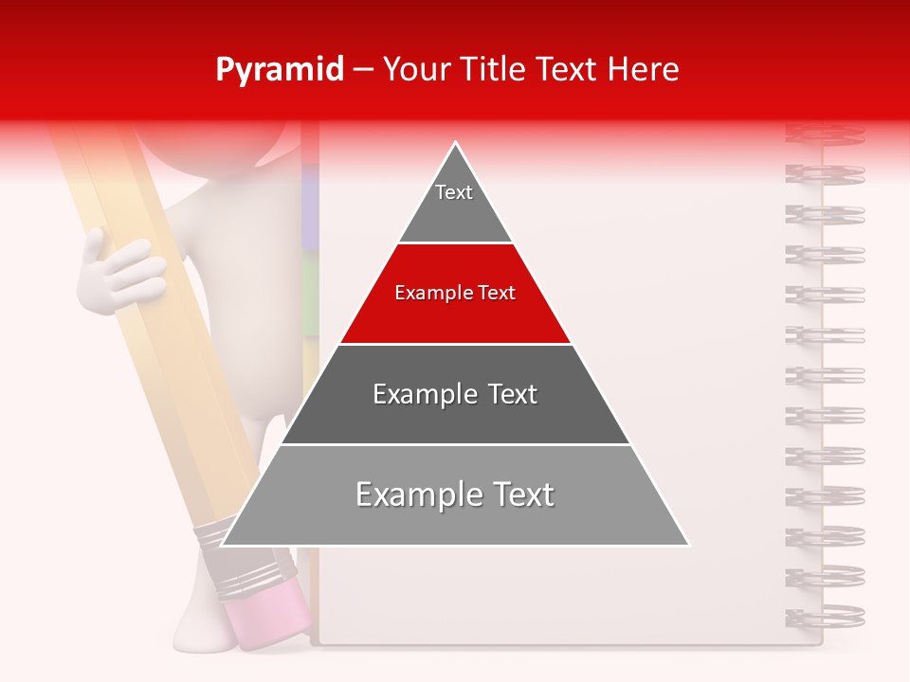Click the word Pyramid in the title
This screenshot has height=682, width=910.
tap(279, 70)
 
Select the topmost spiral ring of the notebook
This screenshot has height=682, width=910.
tap(825, 135)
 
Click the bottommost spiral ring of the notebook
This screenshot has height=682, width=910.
tap(825, 616)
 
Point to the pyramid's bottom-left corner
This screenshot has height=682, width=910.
tap(223, 545)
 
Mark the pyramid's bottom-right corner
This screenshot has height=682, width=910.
tap(688, 545)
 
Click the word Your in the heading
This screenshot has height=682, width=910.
tap(414, 70)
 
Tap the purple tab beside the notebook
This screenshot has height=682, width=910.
tap(309, 199)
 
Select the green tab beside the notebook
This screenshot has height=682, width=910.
tap(309, 294)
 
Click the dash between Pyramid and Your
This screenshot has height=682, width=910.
tap(363, 70)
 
